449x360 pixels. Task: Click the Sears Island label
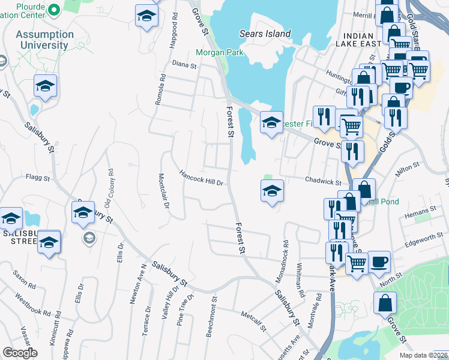[265, 34]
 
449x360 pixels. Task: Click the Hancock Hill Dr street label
[201, 178]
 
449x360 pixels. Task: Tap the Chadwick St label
[322, 182]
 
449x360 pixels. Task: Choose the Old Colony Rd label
[110, 187]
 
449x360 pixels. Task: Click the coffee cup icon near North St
[379, 262]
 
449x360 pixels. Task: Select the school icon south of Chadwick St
[272, 191]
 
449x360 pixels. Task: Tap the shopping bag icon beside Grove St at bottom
[385, 304]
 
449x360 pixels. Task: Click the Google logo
[20, 353]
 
